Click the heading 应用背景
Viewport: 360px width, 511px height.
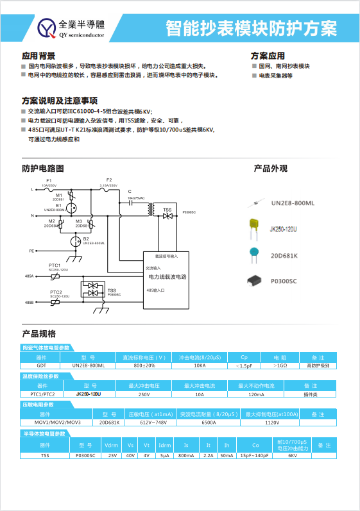pos(39,56)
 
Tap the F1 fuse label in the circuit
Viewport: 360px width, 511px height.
pos(49,181)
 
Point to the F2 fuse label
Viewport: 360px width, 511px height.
pos(109,180)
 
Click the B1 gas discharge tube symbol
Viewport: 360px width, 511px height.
pos(73,208)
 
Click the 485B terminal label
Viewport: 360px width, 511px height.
pos(30,302)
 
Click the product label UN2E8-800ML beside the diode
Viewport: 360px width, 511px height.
pos(292,203)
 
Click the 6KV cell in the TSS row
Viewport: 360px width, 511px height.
pos(293,455)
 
